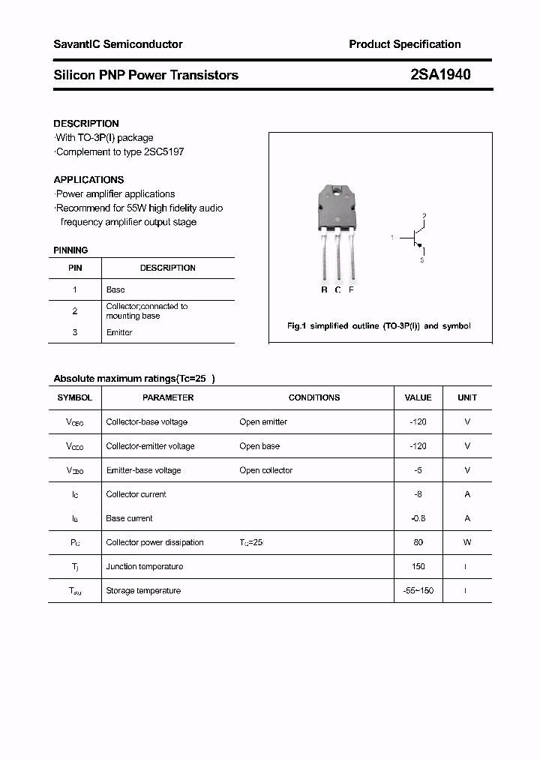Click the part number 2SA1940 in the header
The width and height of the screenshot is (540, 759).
pos(441,75)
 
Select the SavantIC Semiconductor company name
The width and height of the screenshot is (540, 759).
pos(118,44)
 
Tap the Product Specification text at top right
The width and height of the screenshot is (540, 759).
pos(404,44)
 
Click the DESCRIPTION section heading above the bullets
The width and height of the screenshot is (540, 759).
pos(86,124)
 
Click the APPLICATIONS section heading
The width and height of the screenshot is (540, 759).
pos(88,180)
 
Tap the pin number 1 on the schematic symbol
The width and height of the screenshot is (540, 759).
pos(392,238)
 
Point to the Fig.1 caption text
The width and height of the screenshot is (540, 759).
pos(379,326)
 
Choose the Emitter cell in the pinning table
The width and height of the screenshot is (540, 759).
pos(119,332)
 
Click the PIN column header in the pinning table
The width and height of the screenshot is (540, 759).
pos(75,268)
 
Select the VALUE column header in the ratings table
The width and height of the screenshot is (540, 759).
pos(418,397)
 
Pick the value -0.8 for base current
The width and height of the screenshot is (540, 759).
pos(418,518)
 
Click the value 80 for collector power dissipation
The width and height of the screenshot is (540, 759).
pos(418,542)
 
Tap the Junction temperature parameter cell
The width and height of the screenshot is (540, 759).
pos(144,566)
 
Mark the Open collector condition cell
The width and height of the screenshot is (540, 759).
pos(265,470)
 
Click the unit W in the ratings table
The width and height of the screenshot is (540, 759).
pos(466,542)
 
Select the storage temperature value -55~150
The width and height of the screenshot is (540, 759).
pos(418,590)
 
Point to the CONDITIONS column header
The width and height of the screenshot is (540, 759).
pos(313,397)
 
